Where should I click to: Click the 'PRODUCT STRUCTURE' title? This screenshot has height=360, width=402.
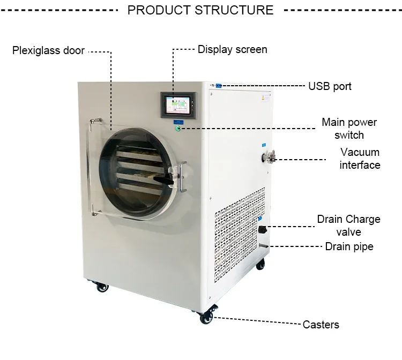(x=200, y=10)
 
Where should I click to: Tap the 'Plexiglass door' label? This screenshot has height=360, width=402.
(x=49, y=50)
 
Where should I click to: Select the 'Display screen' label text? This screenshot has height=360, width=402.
(x=232, y=49)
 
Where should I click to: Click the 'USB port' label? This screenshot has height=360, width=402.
(x=330, y=86)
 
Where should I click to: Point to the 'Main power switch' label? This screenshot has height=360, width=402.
(x=349, y=129)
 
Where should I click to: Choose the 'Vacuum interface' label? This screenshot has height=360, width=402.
(x=360, y=159)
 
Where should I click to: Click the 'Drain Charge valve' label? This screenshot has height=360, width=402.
(x=348, y=226)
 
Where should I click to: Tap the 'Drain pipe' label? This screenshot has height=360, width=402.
(x=349, y=246)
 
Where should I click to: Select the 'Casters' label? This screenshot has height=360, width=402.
(x=321, y=325)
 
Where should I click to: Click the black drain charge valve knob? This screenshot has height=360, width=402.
(x=263, y=230)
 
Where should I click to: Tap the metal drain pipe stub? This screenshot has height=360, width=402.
(x=263, y=246)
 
